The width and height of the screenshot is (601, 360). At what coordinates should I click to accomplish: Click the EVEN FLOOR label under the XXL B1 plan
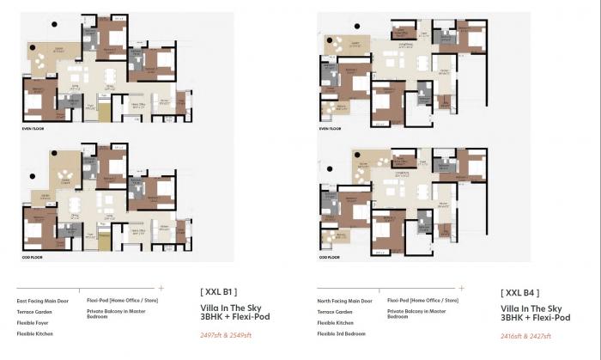tap(33, 128)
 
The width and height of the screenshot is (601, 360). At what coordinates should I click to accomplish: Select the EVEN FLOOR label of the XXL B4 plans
tap(331, 129)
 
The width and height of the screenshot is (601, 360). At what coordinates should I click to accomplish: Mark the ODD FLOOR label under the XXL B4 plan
tap(330, 257)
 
